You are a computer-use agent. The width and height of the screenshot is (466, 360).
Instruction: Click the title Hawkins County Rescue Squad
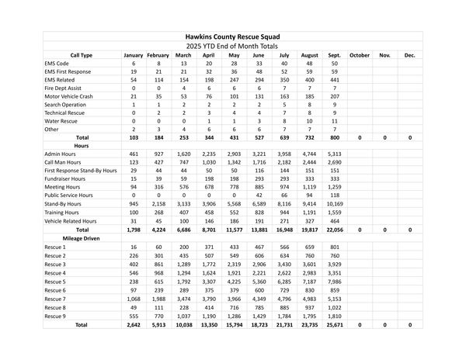233,36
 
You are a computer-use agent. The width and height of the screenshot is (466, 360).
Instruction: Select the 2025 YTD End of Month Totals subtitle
233,46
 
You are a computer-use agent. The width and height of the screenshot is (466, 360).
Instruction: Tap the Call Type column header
81,55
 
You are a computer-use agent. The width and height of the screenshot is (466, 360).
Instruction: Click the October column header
360,55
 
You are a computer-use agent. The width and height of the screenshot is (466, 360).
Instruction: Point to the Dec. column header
409,55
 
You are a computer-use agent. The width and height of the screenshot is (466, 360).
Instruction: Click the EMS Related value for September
334,80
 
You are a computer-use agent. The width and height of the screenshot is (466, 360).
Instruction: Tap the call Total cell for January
134,137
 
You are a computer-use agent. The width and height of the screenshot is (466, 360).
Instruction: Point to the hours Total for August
308,230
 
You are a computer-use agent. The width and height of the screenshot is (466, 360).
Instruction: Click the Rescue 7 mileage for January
134,298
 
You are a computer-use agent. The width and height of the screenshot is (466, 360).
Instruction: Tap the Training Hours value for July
283,213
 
